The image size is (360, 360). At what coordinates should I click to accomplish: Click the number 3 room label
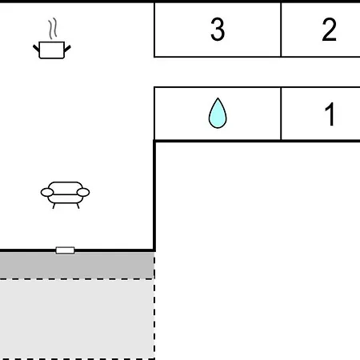click(218, 30)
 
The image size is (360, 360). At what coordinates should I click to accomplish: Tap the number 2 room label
click(329, 30)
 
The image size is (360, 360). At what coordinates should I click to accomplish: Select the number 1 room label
click(330, 114)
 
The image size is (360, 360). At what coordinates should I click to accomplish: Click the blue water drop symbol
click(218, 113)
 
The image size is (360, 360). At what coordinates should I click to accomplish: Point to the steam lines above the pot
click(53, 28)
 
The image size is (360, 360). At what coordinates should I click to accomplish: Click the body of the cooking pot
click(52, 50)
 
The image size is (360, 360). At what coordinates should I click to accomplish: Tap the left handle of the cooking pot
click(36, 48)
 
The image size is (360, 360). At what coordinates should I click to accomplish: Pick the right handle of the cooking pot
click(67, 49)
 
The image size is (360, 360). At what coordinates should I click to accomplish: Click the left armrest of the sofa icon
click(47, 192)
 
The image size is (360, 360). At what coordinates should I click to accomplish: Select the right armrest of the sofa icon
click(83, 192)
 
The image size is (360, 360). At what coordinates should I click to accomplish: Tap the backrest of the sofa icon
click(66, 186)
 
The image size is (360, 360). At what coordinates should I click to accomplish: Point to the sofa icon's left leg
click(54, 206)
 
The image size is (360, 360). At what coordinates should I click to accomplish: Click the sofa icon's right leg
click(78, 206)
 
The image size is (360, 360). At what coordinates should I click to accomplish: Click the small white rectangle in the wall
click(65, 250)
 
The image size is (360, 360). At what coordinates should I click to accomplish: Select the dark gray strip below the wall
click(77, 266)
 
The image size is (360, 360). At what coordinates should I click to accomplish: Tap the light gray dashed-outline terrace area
click(77, 319)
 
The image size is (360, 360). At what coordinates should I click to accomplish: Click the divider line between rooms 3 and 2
click(281, 30)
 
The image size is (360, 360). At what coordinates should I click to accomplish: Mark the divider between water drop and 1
click(281, 114)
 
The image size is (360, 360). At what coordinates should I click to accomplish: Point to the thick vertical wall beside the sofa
click(154, 196)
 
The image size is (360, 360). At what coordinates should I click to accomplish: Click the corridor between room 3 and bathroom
click(257, 72)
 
